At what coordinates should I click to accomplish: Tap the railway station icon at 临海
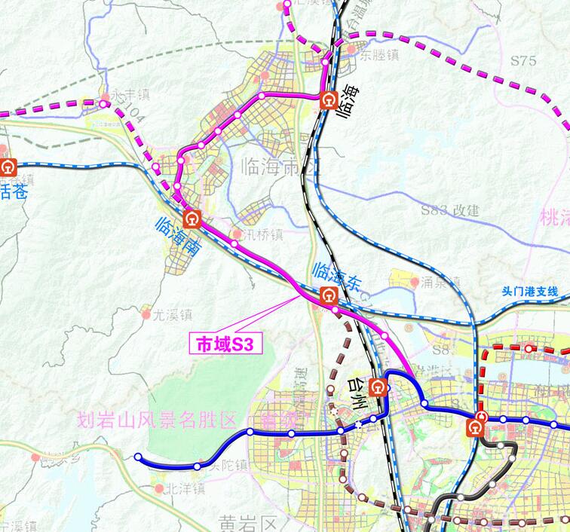click(x=328, y=99)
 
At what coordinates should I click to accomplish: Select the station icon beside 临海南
click(x=192, y=219)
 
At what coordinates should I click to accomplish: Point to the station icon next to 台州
click(x=380, y=387)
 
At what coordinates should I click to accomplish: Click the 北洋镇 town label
click(x=185, y=488)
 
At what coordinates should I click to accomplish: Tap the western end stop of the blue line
click(x=138, y=457)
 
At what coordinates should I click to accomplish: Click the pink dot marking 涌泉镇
click(x=414, y=282)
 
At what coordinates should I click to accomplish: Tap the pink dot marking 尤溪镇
click(x=146, y=315)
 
